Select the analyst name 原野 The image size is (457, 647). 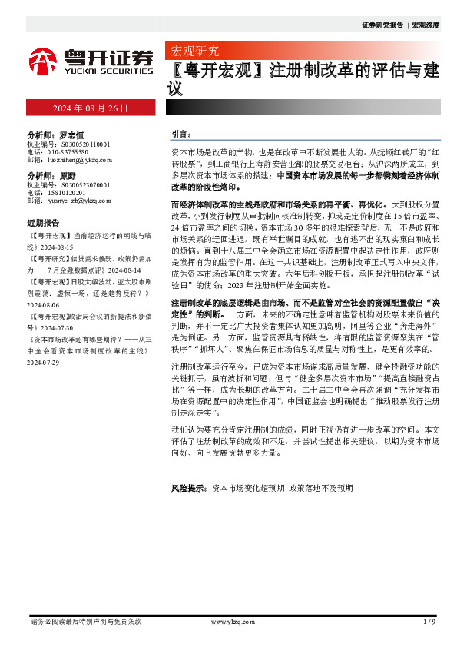[68, 176]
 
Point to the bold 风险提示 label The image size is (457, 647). [189, 488]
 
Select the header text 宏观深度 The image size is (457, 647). [426, 25]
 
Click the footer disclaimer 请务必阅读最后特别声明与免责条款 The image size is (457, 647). [85, 621]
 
